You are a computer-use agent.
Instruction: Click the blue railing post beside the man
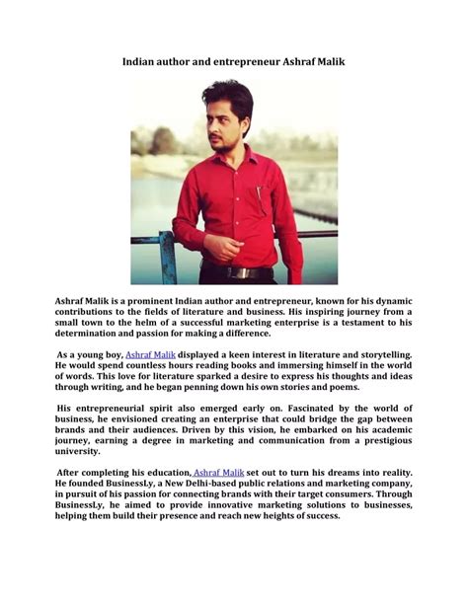167,258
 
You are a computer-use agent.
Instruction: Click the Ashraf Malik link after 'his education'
218,474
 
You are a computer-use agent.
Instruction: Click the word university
78,451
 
